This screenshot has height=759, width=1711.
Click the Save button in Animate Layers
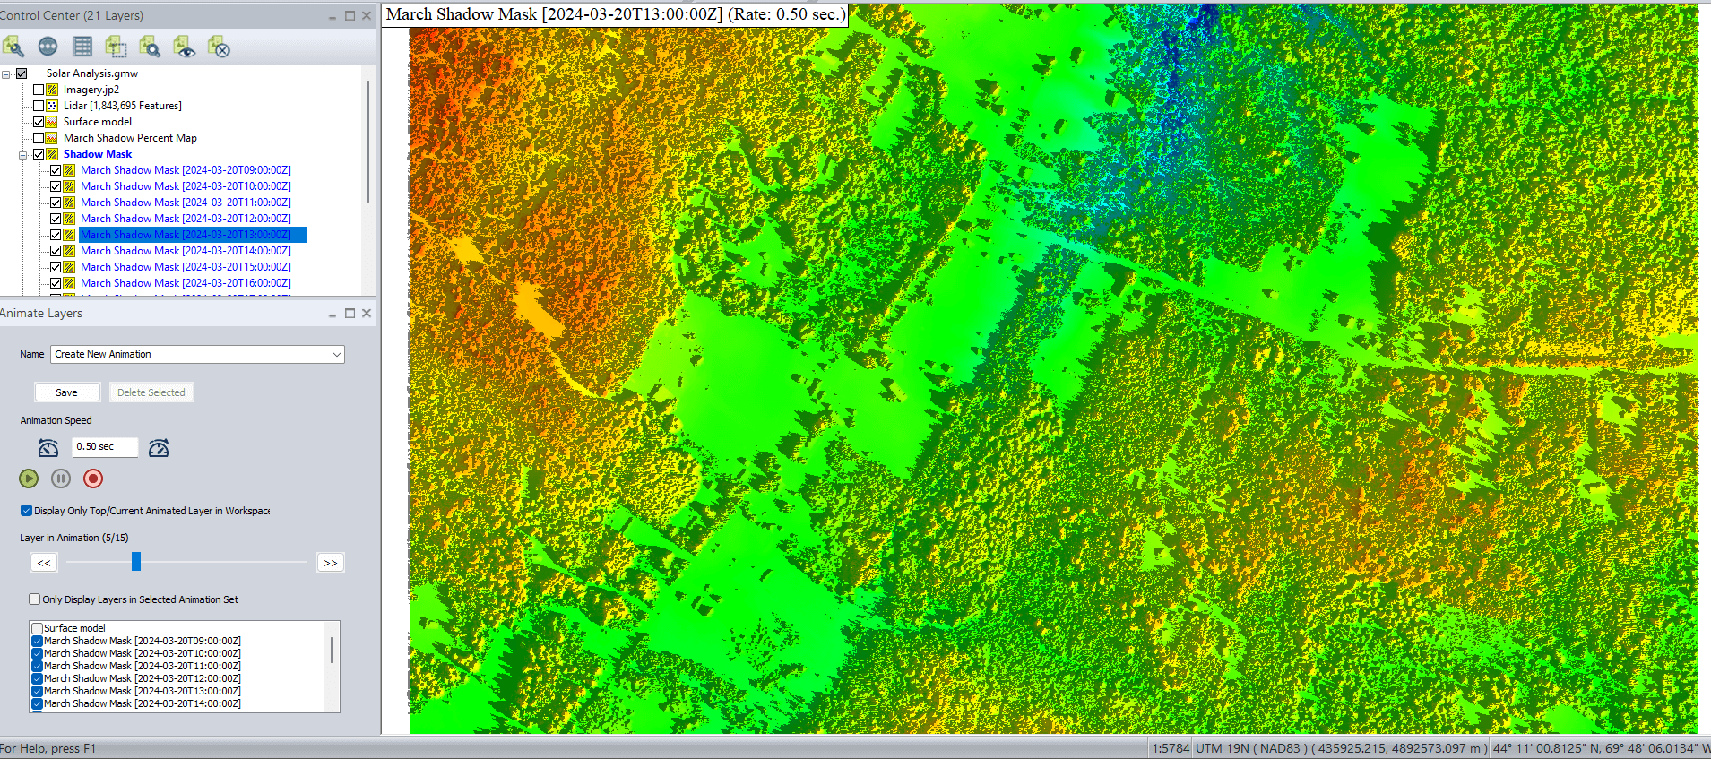[x=67, y=392]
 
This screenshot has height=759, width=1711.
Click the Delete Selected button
[x=151, y=392]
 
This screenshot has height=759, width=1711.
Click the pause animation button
[x=61, y=479]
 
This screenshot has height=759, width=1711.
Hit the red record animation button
[x=93, y=479]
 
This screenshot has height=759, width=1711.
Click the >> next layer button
[x=331, y=563]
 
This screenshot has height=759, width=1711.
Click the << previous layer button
[x=44, y=563]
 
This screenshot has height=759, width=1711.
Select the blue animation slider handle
[x=136, y=562]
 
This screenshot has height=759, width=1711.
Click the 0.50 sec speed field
[x=106, y=446]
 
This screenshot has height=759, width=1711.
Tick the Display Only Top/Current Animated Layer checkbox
[x=27, y=511]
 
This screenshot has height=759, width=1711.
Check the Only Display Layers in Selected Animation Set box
[x=35, y=599]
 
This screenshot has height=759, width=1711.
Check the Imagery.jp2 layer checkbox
[x=39, y=90]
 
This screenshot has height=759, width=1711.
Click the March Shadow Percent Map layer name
[x=130, y=138]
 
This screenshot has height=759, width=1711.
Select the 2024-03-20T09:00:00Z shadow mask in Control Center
[x=186, y=170]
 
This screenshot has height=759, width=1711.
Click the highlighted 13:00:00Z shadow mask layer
[x=186, y=235]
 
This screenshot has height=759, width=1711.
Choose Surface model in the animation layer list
[x=74, y=628]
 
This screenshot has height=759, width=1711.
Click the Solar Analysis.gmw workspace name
[x=92, y=73]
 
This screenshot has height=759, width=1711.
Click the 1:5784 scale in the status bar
[x=1171, y=748]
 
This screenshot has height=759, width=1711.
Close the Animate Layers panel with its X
[x=367, y=313]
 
